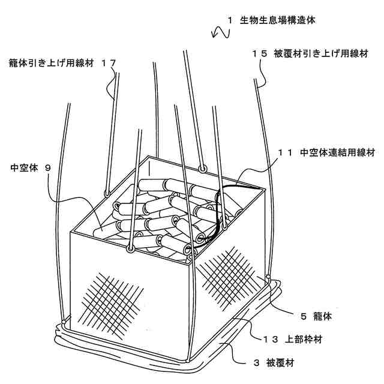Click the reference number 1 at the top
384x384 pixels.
pos(229,20)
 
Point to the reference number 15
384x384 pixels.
pos(259,53)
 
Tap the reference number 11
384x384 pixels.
pos(284,152)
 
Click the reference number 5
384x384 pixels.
pos(302,313)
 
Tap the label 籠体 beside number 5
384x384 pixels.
pos(326,313)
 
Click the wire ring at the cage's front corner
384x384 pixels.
pos(130,247)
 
